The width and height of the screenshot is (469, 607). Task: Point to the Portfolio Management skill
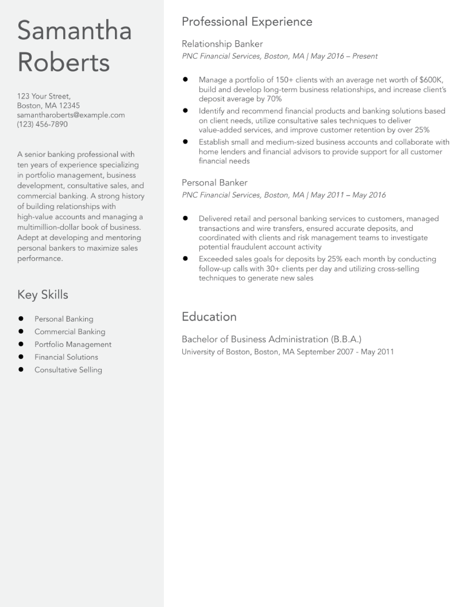(x=73, y=344)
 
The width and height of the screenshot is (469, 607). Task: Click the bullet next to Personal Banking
(x=21, y=319)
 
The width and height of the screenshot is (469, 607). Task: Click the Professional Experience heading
(x=247, y=22)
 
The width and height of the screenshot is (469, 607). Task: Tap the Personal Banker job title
(x=214, y=183)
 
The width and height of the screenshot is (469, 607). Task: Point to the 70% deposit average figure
(x=274, y=99)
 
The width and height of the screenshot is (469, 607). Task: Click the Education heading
(x=209, y=317)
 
